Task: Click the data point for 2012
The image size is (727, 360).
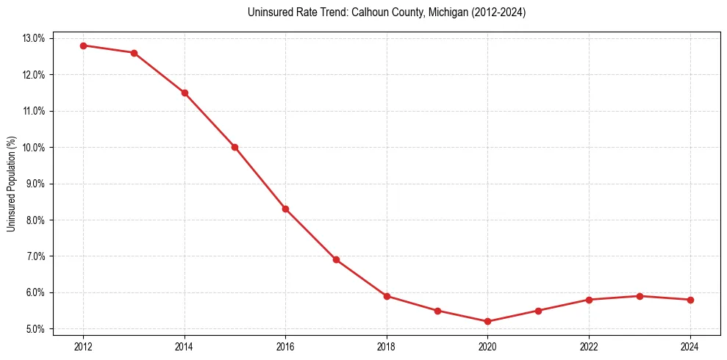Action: click(83, 46)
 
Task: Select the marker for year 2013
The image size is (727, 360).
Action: click(134, 53)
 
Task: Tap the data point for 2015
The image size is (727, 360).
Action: click(234, 147)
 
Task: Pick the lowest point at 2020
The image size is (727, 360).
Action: click(488, 321)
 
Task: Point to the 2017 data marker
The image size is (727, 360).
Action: click(336, 259)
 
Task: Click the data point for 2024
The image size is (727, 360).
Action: click(690, 300)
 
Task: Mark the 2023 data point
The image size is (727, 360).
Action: click(640, 296)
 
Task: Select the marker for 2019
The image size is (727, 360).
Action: click(437, 311)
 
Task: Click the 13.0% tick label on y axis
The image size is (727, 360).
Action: click(35, 38)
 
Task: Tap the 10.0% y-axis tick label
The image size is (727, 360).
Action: click(35, 147)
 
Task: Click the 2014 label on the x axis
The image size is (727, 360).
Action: click(185, 345)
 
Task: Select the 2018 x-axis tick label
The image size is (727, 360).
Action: click(387, 345)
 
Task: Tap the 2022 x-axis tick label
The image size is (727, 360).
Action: click(589, 345)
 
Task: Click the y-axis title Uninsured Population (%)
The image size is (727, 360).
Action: click(11, 184)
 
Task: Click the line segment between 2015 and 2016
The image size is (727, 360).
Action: click(260, 178)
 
